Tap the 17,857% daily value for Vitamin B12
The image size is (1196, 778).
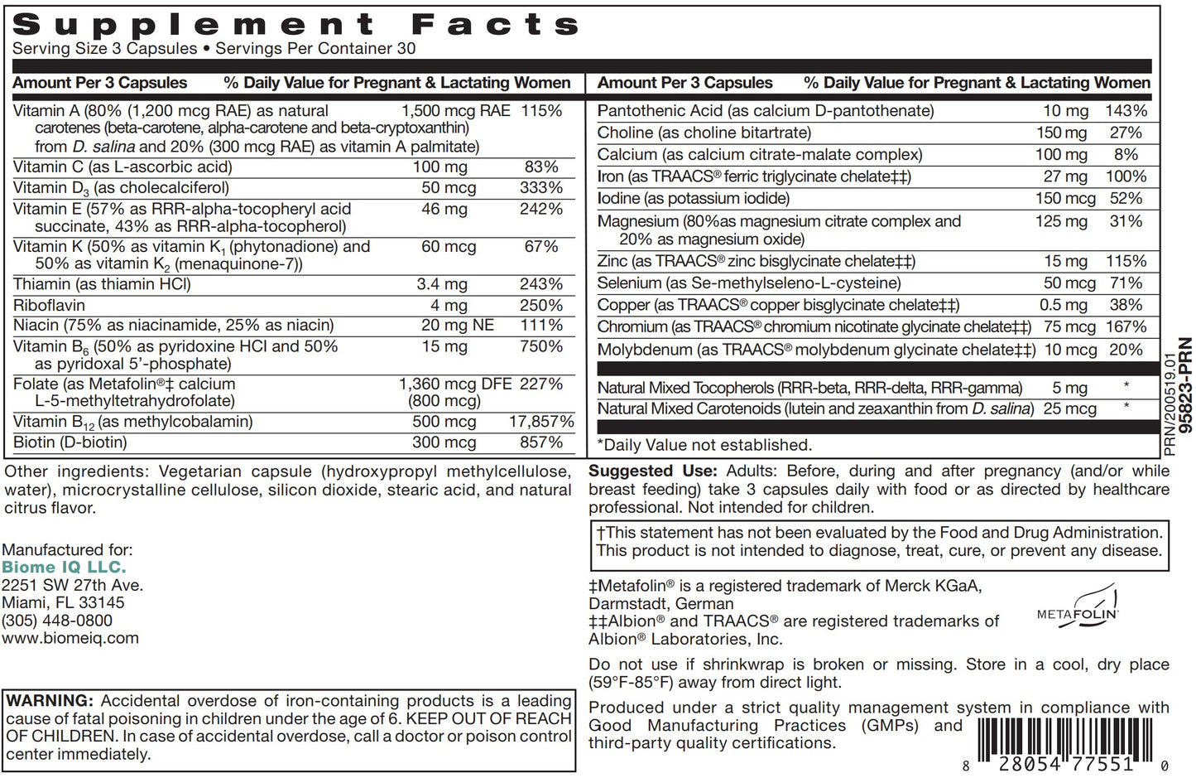coord(541,422)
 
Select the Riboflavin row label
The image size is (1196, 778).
coord(49,305)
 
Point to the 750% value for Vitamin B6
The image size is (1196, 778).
coord(541,346)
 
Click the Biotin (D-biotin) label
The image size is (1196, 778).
coord(70,442)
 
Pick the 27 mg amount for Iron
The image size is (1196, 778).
coord(1065,176)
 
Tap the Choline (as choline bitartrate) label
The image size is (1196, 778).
coord(704,133)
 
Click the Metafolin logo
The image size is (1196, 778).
coord(1078,608)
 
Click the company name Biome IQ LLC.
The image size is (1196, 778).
coord(64,568)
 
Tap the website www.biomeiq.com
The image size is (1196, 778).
coord(70,638)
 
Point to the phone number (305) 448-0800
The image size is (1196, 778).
coord(57,621)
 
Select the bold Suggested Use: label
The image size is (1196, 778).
coord(653,471)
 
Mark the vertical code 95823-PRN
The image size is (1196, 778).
coord(1185,385)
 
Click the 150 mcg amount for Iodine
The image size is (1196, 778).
coord(1065,199)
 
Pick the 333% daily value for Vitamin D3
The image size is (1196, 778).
coord(541,188)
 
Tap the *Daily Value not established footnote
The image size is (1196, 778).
coord(704,445)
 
